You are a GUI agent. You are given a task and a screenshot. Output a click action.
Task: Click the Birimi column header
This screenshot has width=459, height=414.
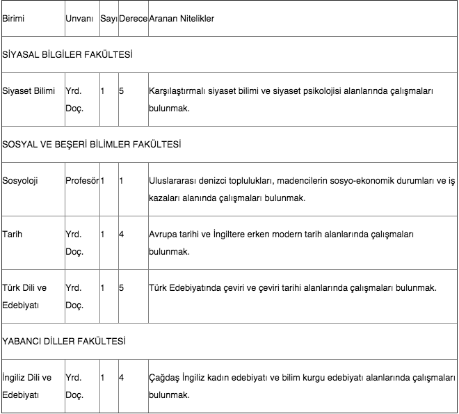(13, 19)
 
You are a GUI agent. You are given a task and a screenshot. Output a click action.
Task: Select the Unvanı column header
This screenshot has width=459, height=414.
(79, 19)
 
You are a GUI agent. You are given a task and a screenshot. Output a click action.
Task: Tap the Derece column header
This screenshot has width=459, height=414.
(133, 19)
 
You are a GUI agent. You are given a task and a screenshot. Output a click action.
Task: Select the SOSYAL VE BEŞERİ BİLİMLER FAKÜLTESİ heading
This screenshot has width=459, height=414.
(92, 144)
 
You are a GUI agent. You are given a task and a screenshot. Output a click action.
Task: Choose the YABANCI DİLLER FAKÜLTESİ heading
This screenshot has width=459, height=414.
(64, 342)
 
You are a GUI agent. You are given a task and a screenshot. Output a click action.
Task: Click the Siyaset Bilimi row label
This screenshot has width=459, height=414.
(29, 91)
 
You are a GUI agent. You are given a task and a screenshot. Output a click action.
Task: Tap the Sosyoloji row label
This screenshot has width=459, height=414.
(20, 181)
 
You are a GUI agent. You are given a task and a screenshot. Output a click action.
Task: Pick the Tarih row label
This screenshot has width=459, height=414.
(13, 234)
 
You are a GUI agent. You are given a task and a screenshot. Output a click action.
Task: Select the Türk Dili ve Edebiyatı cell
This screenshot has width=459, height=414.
(25, 296)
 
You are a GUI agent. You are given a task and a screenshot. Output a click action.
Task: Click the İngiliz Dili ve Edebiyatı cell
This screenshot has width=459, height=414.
(27, 386)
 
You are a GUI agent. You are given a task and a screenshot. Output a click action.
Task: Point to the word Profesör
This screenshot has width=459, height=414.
(82, 181)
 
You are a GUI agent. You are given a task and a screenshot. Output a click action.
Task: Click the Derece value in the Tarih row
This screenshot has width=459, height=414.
(122, 234)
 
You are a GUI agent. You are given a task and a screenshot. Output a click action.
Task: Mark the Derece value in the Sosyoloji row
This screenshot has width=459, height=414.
(122, 181)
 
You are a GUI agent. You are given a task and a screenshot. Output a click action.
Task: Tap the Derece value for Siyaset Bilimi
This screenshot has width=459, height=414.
(122, 91)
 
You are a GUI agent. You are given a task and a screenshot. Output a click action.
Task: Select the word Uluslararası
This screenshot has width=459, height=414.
(174, 181)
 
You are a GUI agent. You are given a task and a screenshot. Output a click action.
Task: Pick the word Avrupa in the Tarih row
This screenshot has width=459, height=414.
(163, 234)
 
